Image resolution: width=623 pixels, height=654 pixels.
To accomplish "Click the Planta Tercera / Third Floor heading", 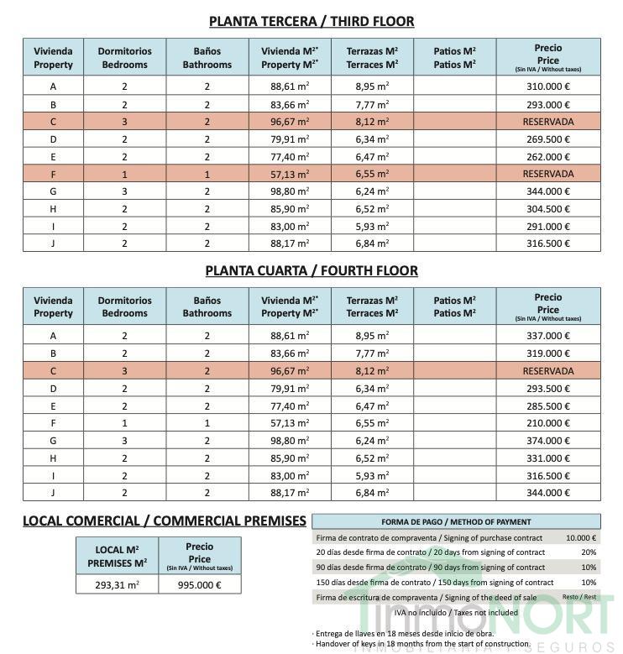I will pyautogui.click(x=311, y=21).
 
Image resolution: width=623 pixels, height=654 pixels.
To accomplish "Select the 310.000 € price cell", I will pyautogui.click(x=548, y=86).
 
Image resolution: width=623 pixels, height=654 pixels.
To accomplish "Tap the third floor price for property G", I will pyautogui.click(x=548, y=191).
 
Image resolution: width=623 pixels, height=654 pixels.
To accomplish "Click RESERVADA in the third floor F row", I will pyautogui.click(x=548, y=174).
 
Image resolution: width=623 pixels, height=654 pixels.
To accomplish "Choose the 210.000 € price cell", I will pyautogui.click(x=548, y=423).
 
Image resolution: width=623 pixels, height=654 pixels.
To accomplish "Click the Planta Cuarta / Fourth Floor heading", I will pyautogui.click(x=311, y=270).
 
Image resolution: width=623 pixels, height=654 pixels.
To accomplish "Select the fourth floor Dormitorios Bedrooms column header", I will pyautogui.click(x=125, y=306).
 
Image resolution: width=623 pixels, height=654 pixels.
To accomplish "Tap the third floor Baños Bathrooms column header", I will pyautogui.click(x=207, y=57).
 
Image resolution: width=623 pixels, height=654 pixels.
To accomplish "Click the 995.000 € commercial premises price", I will pyautogui.click(x=199, y=585).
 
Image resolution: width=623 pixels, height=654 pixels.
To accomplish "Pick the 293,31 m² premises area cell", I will pyautogui.click(x=117, y=585).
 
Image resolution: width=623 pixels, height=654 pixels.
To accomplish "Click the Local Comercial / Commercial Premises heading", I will pyautogui.click(x=165, y=521).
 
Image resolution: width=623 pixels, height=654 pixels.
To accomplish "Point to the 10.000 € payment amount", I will pyautogui.click(x=580, y=538).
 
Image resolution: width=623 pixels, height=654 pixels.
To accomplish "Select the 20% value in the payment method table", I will pyautogui.click(x=589, y=552).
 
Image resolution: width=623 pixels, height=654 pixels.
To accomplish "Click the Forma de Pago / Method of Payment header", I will pyautogui.click(x=456, y=521).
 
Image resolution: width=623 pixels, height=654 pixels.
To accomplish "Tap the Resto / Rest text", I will pyautogui.click(x=579, y=597).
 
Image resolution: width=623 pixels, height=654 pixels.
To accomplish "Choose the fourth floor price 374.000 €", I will pyautogui.click(x=548, y=441).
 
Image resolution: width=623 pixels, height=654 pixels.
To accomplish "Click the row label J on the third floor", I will pyautogui.click(x=54, y=243).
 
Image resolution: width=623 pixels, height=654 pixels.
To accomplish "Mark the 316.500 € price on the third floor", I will pyautogui.click(x=548, y=243).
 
